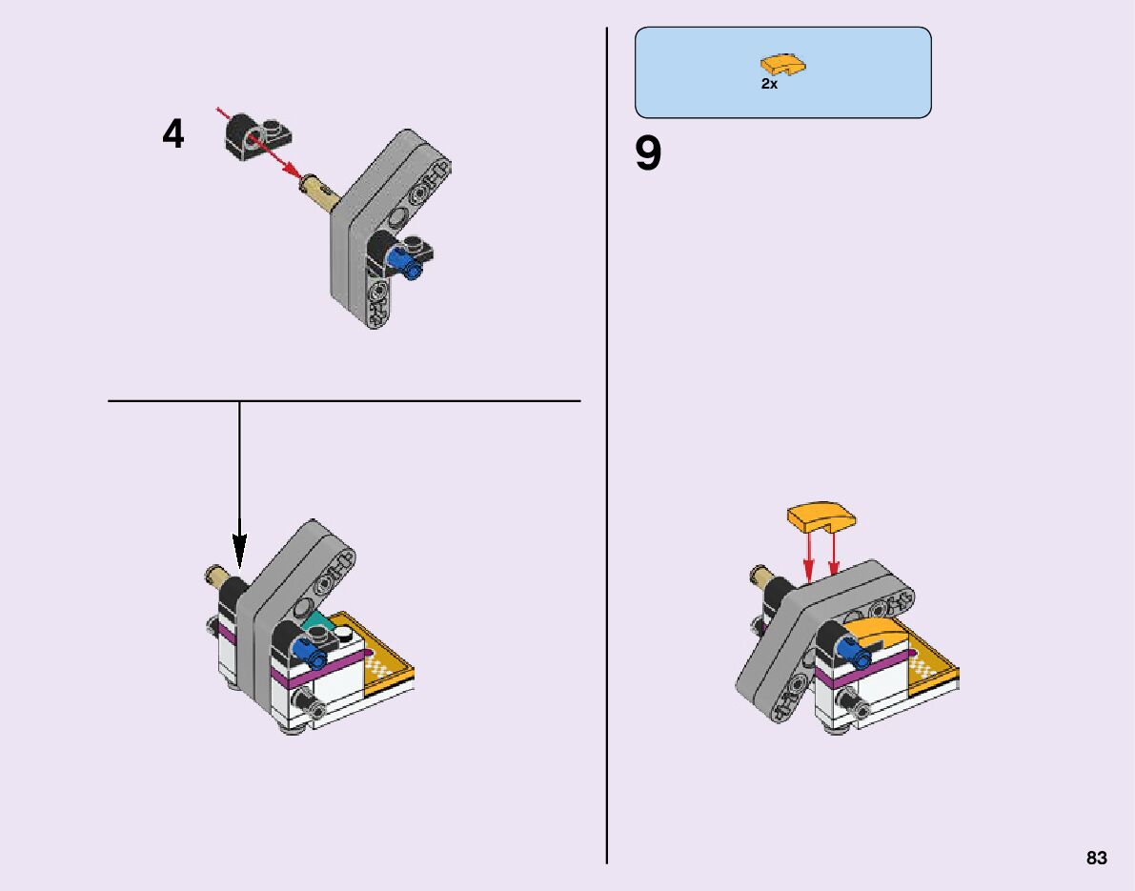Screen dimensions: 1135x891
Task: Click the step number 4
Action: point(172,134)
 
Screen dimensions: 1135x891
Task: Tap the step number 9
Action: point(648,153)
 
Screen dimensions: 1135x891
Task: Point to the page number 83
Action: point(1096,858)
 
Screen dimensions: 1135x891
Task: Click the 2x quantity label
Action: point(769,84)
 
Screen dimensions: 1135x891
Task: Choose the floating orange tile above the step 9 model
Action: point(821,516)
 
